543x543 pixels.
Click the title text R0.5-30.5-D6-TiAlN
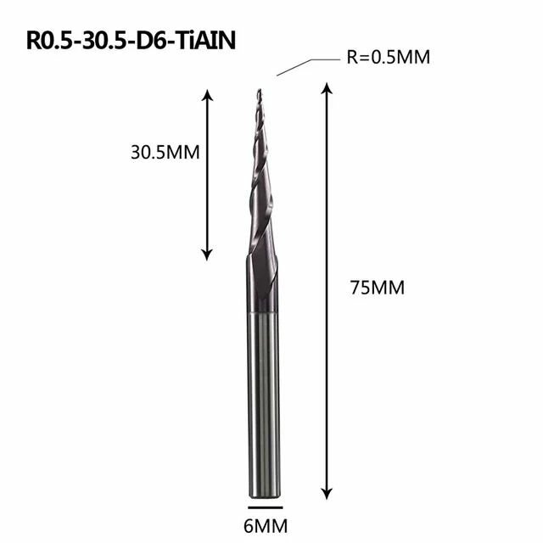126,42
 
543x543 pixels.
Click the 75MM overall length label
377,287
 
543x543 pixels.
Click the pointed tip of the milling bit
257,91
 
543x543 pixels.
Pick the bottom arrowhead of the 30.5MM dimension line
206,254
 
